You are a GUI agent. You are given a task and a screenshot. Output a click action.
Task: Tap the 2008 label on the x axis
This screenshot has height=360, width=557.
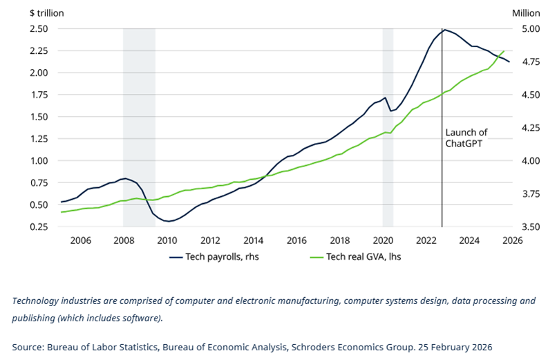pyautogui.click(x=124, y=240)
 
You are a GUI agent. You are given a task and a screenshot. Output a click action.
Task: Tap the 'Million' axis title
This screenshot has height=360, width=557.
pyautogui.click(x=525, y=12)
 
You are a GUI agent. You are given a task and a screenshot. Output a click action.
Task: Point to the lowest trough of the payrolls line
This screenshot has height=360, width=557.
pyautogui.click(x=168, y=221)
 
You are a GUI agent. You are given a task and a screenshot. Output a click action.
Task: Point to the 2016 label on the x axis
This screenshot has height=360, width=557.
pyautogui.click(x=296, y=240)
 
